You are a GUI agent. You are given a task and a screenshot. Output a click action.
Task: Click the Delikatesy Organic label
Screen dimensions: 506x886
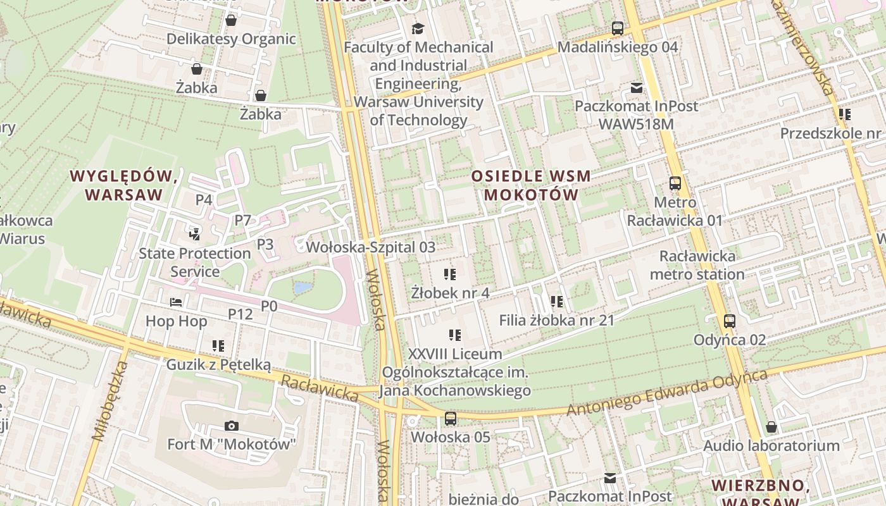pyautogui.click(x=231, y=39)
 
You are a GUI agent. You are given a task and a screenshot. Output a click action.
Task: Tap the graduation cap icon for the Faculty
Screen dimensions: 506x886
pyautogui.click(x=418, y=28)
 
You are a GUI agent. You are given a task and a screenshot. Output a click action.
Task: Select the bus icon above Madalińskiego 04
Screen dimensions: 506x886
pyautogui.click(x=617, y=28)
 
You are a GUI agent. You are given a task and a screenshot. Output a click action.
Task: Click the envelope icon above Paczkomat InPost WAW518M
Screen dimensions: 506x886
pyautogui.click(x=636, y=88)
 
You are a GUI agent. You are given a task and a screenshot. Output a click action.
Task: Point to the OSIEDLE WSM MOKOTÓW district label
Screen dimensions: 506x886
pyautogui.click(x=532, y=185)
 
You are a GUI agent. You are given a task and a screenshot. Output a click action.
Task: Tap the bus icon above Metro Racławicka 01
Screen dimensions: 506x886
pyautogui.click(x=675, y=184)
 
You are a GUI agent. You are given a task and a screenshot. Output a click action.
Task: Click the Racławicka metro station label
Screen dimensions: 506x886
pyautogui.click(x=697, y=265)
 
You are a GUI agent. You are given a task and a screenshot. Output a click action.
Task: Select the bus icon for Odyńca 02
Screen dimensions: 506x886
pyautogui.click(x=730, y=321)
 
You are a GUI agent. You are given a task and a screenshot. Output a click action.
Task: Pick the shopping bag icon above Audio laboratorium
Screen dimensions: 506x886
pyautogui.click(x=771, y=428)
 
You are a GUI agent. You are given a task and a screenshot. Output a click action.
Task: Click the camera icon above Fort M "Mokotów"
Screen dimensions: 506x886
pyautogui.click(x=232, y=426)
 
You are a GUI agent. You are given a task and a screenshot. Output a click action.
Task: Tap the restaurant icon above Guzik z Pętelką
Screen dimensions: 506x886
pyautogui.click(x=218, y=346)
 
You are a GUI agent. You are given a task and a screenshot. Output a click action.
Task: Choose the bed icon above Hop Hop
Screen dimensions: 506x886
pyautogui.click(x=176, y=303)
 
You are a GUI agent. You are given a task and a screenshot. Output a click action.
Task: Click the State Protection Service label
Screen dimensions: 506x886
pyautogui.click(x=195, y=262)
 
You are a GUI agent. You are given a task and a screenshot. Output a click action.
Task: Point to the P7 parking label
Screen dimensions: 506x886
pyautogui.click(x=243, y=220)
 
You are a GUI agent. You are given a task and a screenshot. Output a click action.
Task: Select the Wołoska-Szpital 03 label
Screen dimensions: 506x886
pyautogui.click(x=371, y=247)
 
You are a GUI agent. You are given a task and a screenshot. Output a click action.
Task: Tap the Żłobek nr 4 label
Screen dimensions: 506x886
pyautogui.click(x=450, y=293)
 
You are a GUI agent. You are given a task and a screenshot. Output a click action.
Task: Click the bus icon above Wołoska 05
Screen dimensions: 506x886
pyautogui.click(x=450, y=418)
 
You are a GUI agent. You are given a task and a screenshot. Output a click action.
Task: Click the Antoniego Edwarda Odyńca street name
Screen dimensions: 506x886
pyautogui.click(x=666, y=393)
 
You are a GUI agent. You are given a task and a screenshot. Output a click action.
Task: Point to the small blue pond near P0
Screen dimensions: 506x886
pyautogui.click(x=303, y=288)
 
